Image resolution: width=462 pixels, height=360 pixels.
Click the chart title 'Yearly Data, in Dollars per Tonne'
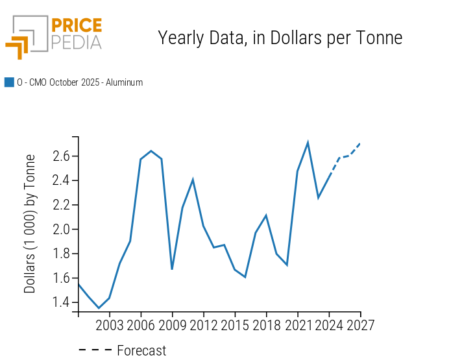(x=280, y=38)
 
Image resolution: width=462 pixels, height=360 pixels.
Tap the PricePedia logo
(x=54, y=36)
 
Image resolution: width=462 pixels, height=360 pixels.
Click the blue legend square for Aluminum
(x=9, y=82)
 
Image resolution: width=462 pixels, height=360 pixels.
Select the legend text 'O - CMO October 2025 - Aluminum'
(x=80, y=82)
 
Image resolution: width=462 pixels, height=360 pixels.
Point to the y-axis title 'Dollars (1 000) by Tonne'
(x=30, y=224)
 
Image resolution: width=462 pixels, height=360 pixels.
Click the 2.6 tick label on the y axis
(x=62, y=156)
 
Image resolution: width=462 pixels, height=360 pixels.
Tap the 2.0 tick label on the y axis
(x=62, y=230)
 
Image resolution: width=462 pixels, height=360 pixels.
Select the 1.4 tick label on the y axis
(x=62, y=302)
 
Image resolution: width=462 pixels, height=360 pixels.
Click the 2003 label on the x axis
(x=109, y=324)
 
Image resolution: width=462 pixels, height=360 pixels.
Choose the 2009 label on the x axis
(x=172, y=324)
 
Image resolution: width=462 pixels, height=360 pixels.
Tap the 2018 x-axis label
(x=266, y=324)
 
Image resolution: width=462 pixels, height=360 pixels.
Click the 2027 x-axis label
(x=360, y=324)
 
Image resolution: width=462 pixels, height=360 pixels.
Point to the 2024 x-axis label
(x=328, y=324)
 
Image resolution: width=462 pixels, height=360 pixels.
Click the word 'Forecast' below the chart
(x=141, y=351)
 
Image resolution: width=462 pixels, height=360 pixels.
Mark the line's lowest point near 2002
(x=99, y=308)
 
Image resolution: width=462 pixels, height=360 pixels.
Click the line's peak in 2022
(x=308, y=143)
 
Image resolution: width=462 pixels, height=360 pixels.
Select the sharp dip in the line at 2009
(x=172, y=269)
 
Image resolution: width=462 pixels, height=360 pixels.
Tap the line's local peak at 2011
(x=193, y=180)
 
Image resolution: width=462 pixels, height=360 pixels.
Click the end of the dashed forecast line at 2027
(x=360, y=143)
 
